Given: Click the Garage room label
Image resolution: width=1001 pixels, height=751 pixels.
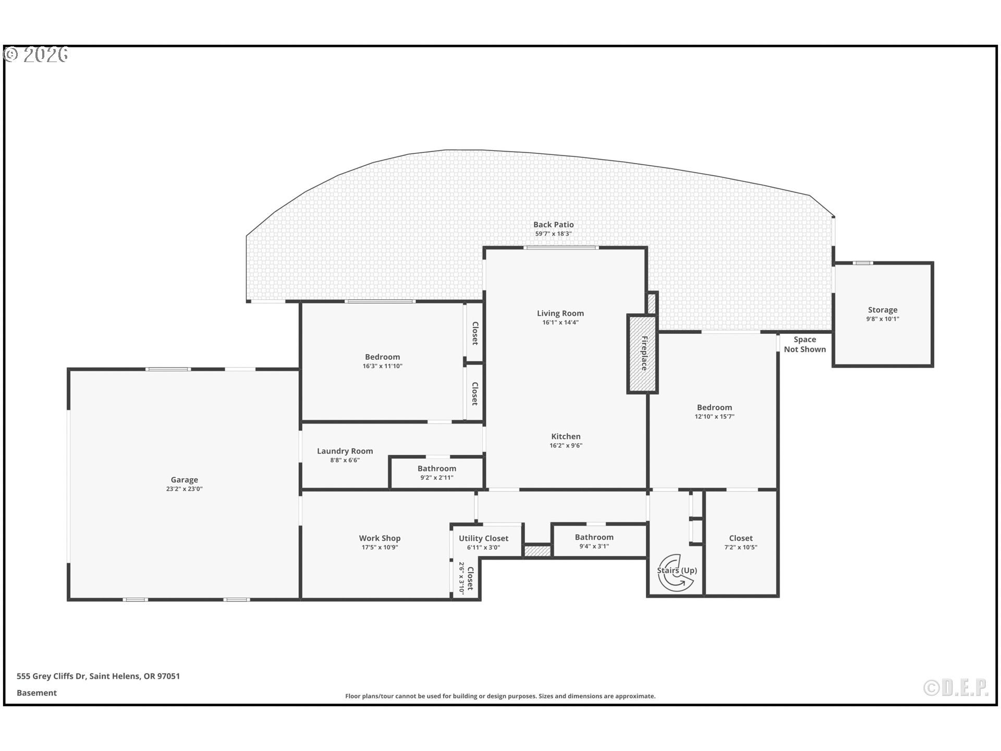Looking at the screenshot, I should pos(184,480).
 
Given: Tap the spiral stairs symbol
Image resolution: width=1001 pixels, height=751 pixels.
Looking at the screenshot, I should pos(676,572).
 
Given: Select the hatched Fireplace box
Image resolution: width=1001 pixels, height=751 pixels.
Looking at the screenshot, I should pos(642,354).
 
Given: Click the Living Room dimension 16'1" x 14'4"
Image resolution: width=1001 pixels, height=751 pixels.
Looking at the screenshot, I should pos(560,322).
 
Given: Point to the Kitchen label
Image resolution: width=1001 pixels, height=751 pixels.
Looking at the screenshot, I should pos(566,437).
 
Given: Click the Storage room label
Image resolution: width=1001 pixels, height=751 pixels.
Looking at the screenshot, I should pos(882,310).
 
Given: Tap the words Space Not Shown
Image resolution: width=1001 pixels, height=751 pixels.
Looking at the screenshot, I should pos(804,344).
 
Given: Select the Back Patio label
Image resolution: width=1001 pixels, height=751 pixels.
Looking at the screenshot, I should pos(553,225).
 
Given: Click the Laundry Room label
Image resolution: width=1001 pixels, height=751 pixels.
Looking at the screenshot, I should pos(345,451).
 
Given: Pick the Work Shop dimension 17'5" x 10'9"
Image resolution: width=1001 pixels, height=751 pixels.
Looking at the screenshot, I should pos(380,547).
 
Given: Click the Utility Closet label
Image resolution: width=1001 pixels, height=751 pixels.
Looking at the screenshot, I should pos(483,538).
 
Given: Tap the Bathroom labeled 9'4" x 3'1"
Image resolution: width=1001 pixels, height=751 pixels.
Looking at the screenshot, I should pos(594,537).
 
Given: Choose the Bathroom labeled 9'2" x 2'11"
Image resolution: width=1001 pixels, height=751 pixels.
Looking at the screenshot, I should pos(436,468).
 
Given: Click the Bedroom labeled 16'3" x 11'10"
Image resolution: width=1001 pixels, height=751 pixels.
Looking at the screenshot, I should pos(382,357).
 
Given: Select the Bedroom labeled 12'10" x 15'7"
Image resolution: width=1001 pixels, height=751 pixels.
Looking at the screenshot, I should pos(714,407).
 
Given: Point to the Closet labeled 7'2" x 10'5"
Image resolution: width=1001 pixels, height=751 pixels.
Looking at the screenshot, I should pos(740,538).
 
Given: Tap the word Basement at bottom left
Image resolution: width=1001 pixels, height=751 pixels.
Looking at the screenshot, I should pos(36,693).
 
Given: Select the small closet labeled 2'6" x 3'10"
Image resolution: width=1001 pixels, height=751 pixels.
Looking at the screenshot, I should pos(466,578).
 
